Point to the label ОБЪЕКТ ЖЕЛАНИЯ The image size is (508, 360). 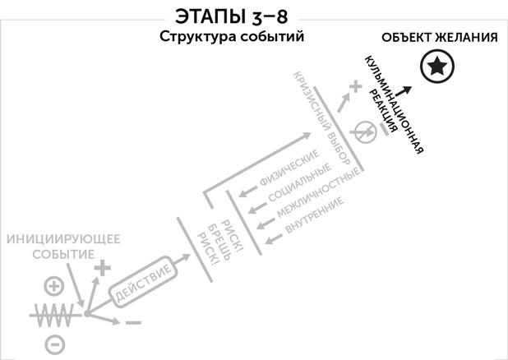click(440, 38)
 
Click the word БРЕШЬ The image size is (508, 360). click(209, 241)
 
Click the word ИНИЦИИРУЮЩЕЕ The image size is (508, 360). click(63, 239)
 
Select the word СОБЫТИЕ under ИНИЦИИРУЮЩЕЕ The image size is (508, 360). click(63, 253)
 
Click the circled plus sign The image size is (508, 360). click(53, 286)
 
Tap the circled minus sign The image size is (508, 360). click(53, 343)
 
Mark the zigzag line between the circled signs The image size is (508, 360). click(56, 314)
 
